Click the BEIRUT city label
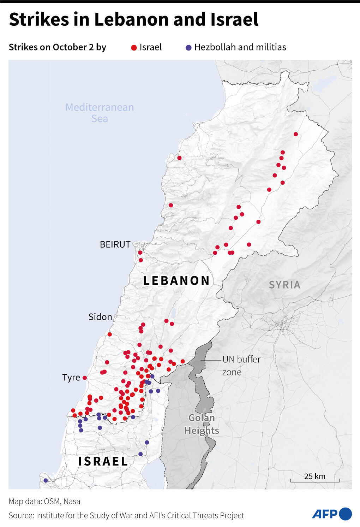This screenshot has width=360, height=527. (x=115, y=244)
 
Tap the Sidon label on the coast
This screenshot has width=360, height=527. (x=100, y=317)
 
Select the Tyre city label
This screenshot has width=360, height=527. (x=71, y=377)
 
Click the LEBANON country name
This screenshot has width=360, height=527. (x=176, y=280)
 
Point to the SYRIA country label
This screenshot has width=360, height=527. (x=284, y=285)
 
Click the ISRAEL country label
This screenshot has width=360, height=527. (x=103, y=461)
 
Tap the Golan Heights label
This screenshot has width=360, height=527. (x=202, y=424)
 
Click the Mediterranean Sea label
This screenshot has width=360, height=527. (x=100, y=113)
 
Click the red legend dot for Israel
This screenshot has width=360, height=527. (x=134, y=48)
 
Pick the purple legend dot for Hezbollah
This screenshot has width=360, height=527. (x=188, y=48)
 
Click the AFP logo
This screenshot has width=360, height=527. (x=331, y=514)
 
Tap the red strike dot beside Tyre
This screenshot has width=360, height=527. (x=85, y=378)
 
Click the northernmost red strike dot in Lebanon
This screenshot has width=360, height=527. (x=296, y=134)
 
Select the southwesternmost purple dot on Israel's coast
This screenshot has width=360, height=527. (x=46, y=480)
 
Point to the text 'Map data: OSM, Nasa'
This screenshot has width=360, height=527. (x=44, y=501)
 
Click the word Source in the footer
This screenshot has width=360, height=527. (x=20, y=515)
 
